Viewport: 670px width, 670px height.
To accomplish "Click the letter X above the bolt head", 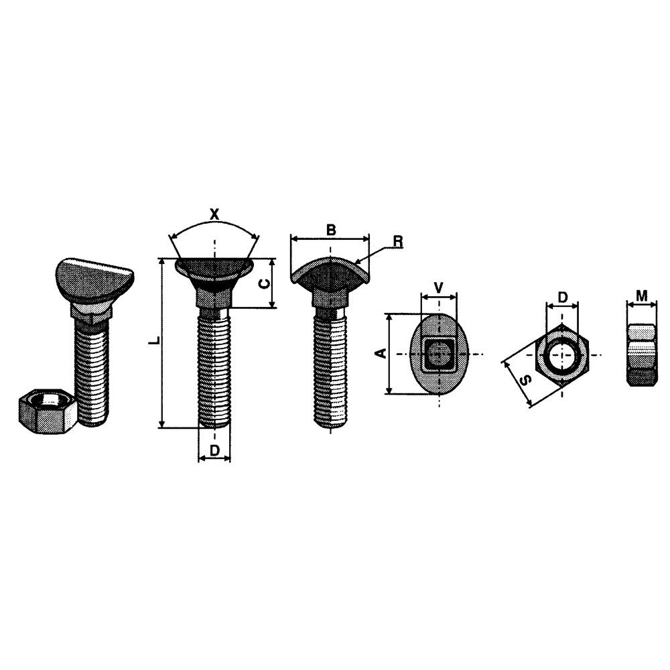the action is click(x=214, y=214).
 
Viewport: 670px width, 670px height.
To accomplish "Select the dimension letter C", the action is click(x=265, y=283).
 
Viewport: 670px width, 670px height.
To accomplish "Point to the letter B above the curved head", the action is click(x=331, y=229).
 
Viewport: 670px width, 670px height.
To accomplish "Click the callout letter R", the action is click(x=398, y=242).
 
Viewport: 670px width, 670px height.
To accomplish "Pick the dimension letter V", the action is click(x=438, y=287).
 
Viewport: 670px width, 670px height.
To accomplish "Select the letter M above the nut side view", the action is click(x=642, y=295).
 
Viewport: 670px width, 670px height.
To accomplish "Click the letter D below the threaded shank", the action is click(x=214, y=450).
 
